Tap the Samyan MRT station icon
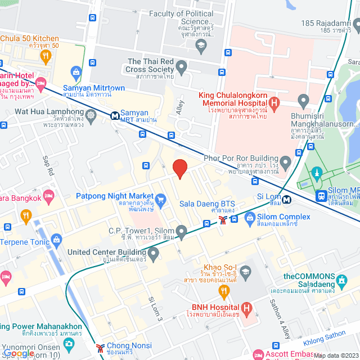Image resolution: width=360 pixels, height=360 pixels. coord(115,115)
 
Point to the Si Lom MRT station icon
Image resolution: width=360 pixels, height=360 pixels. coord(287,199)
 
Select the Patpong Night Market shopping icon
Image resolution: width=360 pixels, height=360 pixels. coord(161,199)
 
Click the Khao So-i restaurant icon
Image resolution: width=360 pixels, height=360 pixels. coord(223,291)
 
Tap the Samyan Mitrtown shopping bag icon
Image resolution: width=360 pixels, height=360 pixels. coord(76,72)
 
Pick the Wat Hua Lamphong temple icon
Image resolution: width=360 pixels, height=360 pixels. coord(91,115)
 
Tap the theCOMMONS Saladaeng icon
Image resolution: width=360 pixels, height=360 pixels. coord(341,280)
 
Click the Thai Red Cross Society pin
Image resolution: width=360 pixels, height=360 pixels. coord(181,67)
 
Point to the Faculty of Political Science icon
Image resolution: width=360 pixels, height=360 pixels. coord(201,44)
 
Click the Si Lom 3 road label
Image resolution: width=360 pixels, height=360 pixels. coord(155,309)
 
